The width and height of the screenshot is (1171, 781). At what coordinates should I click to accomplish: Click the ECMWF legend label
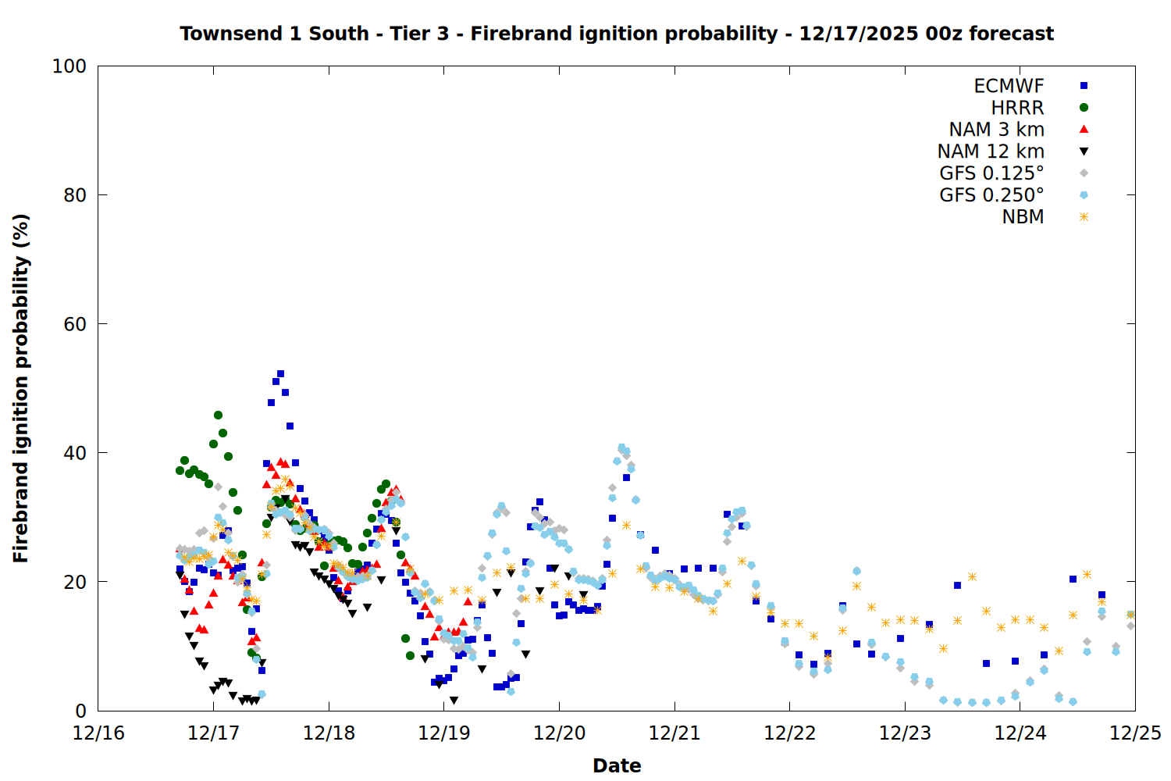click(x=1009, y=86)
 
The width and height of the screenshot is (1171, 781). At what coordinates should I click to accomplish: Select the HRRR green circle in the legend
click(x=1084, y=108)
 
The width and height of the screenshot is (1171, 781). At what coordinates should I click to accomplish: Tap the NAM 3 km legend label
click(x=996, y=130)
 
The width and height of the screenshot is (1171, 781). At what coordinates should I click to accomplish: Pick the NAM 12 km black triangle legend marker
click(x=1084, y=152)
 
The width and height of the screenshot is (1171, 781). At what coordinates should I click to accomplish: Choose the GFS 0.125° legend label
click(x=991, y=173)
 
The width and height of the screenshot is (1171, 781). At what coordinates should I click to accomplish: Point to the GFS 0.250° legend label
click(x=991, y=195)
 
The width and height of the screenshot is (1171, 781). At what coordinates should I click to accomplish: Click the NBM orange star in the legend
click(x=1084, y=217)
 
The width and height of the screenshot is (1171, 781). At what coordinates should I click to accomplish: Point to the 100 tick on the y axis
click(x=69, y=66)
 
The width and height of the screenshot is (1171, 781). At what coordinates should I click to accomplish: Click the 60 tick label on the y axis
click(x=75, y=324)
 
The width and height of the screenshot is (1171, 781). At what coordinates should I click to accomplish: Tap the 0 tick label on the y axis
click(x=80, y=711)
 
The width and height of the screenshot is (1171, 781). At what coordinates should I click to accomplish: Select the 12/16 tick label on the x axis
click(x=98, y=733)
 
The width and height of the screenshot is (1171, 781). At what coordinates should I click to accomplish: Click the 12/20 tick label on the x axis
click(x=559, y=733)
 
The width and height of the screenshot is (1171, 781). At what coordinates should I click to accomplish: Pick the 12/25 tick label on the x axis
click(x=1135, y=733)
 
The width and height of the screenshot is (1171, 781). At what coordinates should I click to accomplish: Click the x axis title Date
click(x=617, y=765)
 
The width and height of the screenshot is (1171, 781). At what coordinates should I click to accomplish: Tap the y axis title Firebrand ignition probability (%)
click(x=20, y=388)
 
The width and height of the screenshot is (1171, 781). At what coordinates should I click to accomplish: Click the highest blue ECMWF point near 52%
click(x=280, y=374)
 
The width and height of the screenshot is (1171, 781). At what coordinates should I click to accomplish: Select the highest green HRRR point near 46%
click(x=218, y=415)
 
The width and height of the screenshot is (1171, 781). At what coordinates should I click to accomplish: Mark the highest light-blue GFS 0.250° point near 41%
click(x=621, y=448)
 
